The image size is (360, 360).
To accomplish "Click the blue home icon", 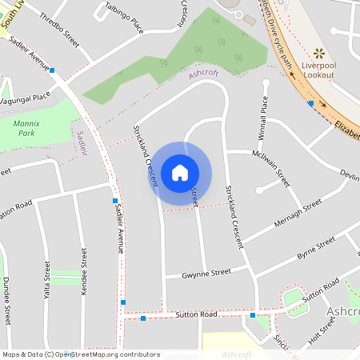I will (x=179, y=173).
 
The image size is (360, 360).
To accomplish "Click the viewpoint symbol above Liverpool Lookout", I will (x=319, y=54).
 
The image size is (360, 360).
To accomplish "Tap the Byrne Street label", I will (x=316, y=249).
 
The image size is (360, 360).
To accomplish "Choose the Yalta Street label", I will (x=47, y=283).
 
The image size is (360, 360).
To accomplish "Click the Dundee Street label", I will (x=6, y=300).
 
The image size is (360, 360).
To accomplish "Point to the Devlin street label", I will (x=349, y=174).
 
